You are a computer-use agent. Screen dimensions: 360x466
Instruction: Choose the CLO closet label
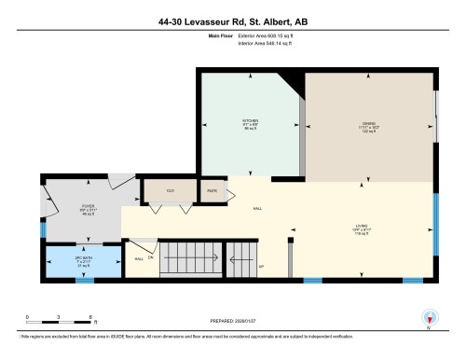point(170,190)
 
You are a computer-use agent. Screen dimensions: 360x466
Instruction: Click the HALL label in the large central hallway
point(257,208)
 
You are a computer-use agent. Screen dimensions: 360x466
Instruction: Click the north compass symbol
point(428,318)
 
